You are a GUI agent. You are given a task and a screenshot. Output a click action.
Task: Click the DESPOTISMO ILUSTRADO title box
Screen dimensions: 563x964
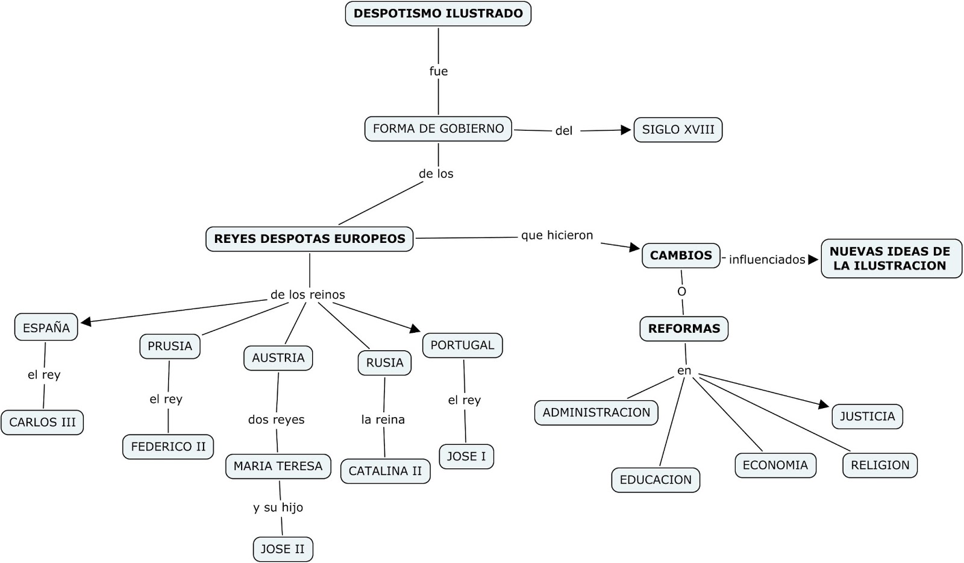pyautogui.click(x=438, y=13)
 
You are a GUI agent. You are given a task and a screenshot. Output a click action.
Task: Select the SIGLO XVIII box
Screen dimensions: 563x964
pyautogui.click(x=678, y=130)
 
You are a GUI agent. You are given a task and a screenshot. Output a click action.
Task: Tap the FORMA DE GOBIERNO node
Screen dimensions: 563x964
pyautogui.click(x=438, y=128)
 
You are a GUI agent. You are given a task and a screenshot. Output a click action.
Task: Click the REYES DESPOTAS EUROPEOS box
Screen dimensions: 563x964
pyautogui.click(x=310, y=239)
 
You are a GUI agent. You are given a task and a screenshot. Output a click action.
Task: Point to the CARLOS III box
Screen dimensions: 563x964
pyautogui.click(x=42, y=422)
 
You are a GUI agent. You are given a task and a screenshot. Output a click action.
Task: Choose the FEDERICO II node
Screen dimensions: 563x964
pyautogui.click(x=168, y=447)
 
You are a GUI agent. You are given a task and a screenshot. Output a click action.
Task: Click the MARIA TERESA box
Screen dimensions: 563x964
pyautogui.click(x=278, y=466)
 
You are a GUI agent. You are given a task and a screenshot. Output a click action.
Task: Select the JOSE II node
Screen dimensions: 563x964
pyautogui.click(x=283, y=549)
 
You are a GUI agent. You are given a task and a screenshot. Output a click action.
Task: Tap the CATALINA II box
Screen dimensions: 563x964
pyautogui.click(x=385, y=471)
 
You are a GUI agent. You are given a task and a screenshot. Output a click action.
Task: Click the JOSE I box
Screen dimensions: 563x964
pyautogui.click(x=466, y=456)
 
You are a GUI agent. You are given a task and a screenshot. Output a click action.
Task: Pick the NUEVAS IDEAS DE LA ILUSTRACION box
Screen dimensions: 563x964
pyautogui.click(x=890, y=259)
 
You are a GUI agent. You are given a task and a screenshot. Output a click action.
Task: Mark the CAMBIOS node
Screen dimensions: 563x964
pyautogui.click(x=681, y=256)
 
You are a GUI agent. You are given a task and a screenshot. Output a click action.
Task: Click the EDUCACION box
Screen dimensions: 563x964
pyautogui.click(x=656, y=480)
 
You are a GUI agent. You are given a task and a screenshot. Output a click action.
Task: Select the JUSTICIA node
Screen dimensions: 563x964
pyautogui.click(x=867, y=417)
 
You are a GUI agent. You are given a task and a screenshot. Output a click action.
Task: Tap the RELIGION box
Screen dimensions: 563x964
pyautogui.click(x=880, y=465)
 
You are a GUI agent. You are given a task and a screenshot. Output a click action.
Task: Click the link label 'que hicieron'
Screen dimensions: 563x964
pyautogui.click(x=557, y=236)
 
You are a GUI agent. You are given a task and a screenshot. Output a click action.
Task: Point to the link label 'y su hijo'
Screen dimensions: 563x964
pyautogui.click(x=278, y=508)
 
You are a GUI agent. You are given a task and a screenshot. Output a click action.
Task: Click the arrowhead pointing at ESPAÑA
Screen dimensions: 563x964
pyautogui.click(x=86, y=322)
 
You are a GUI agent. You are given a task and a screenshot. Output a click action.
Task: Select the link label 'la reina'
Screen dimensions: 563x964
pyautogui.click(x=383, y=420)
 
